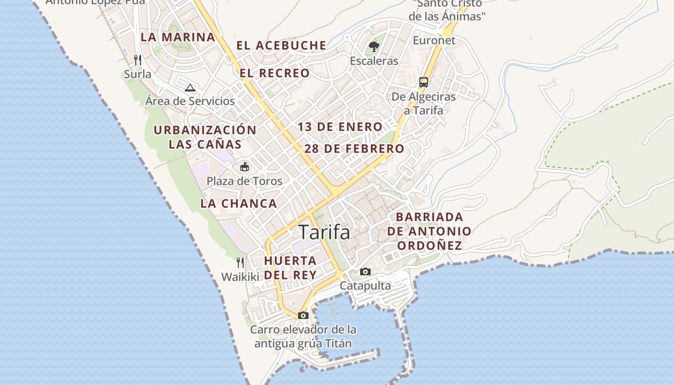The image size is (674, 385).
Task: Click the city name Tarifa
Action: [x=324, y=232]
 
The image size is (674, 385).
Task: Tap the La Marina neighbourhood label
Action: [x=178, y=37]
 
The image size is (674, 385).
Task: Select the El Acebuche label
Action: [x=281, y=46]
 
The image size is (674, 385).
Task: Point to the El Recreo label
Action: [x=275, y=73]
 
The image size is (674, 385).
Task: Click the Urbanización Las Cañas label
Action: [x=205, y=137]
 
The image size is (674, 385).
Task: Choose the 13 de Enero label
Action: [x=340, y=127]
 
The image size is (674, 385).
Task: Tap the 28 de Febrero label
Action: [x=354, y=149]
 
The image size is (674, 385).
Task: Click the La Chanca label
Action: [x=239, y=204]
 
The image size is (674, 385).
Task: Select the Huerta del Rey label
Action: [x=290, y=268]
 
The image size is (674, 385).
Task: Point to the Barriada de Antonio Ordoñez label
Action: [x=429, y=231]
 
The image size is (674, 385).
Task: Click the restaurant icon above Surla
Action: [x=138, y=60]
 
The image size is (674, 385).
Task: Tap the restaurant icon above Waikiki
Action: [x=240, y=263]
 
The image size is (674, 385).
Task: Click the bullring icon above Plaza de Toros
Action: [x=245, y=167]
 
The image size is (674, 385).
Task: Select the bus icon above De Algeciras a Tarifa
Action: [x=424, y=82]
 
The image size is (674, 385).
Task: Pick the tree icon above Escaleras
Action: [x=374, y=47]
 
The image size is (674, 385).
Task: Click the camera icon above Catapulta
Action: [x=365, y=272]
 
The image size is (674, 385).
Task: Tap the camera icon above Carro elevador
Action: [x=303, y=316]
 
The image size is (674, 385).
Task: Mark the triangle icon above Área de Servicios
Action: [x=190, y=88]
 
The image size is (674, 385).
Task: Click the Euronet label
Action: [x=434, y=40]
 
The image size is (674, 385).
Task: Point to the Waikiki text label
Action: [x=240, y=277]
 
